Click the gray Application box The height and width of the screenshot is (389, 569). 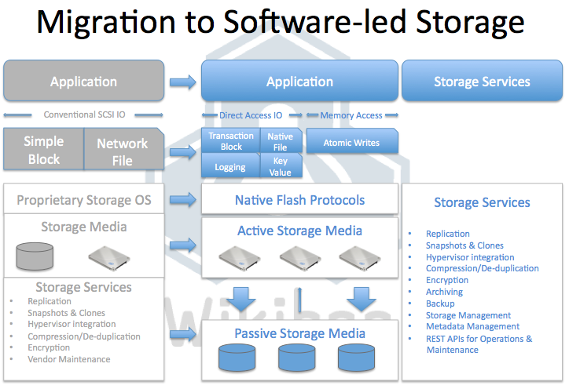click(83, 82)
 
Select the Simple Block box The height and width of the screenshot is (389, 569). click(43, 150)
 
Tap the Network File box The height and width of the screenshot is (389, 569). click(122, 151)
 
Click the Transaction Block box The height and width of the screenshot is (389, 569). click(231, 141)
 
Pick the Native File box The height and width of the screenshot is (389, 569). click(280, 141)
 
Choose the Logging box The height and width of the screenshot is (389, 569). click(230, 166)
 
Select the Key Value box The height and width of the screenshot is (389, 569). click(280, 166)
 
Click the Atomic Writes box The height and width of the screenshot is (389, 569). click(351, 143)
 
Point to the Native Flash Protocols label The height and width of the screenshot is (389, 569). click(299, 200)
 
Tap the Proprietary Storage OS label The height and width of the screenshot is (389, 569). click(84, 201)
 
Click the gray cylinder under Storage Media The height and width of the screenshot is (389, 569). click(35, 255)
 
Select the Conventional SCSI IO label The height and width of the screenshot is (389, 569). click(84, 115)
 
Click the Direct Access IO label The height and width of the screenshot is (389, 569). click(251, 115)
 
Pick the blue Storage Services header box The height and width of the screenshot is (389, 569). click(482, 82)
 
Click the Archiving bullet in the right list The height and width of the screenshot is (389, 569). click(444, 292)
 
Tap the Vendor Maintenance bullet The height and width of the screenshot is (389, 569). click(69, 359)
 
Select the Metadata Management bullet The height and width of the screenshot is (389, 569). click(472, 326)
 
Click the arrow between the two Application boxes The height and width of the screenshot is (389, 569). click(183, 81)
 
